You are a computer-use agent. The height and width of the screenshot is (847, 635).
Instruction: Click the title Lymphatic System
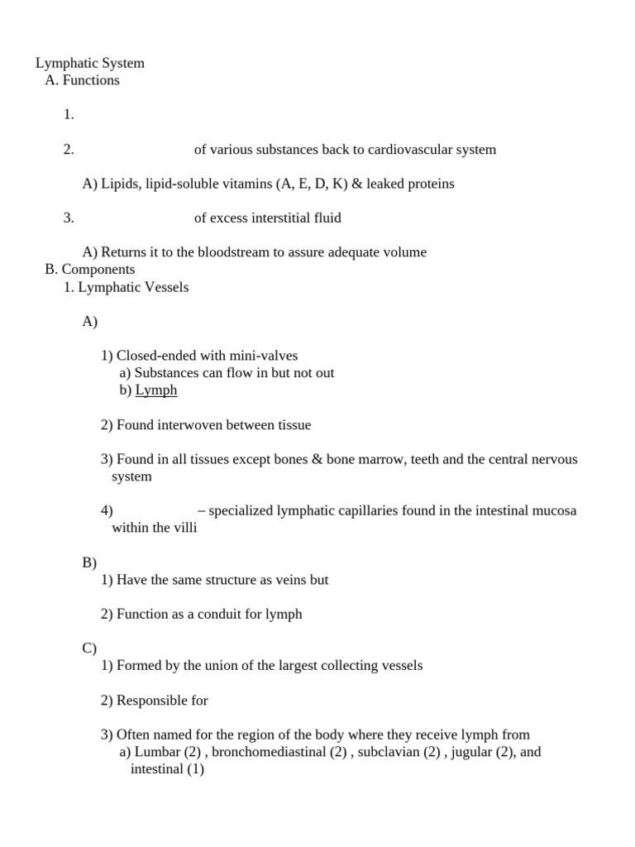90,63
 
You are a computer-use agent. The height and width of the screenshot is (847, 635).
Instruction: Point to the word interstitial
281,218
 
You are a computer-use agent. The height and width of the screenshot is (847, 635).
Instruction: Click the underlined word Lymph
156,390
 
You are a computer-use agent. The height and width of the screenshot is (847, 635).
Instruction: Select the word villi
184,528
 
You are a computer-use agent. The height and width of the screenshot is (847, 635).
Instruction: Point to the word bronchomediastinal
261,753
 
